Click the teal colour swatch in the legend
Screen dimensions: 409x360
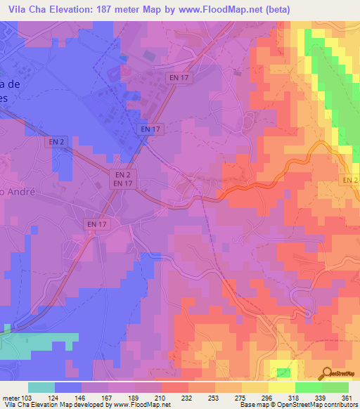click(x=41, y=388)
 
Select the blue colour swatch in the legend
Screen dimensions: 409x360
click(x=68, y=388)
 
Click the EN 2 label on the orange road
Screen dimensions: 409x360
click(x=349, y=180)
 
